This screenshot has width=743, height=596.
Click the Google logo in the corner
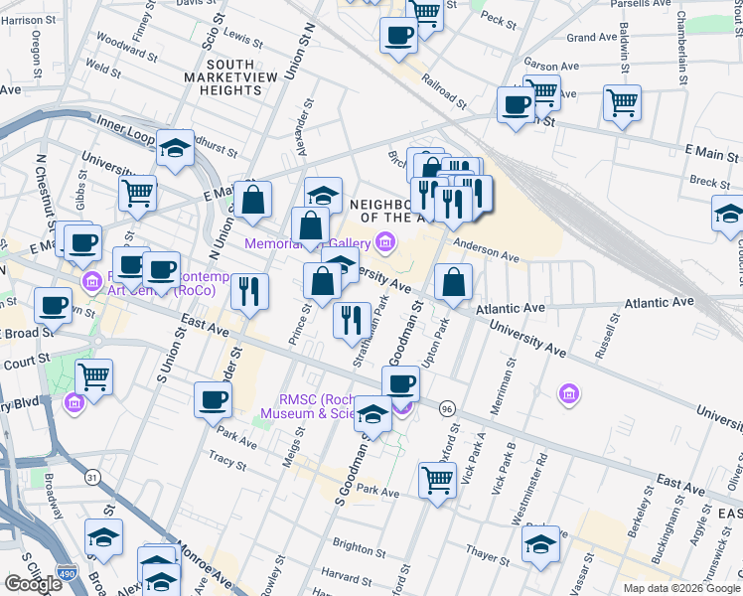(x=32, y=584)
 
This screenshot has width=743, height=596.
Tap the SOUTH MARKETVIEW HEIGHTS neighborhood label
(x=223, y=80)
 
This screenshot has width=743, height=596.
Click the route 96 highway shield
(x=448, y=409)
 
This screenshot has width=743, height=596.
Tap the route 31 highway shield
(x=92, y=478)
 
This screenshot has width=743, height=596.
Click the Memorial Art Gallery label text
(x=307, y=242)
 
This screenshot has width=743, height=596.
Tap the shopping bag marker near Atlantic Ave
(x=453, y=281)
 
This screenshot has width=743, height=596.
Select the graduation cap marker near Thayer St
(x=540, y=544)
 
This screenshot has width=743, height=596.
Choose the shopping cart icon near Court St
(x=94, y=375)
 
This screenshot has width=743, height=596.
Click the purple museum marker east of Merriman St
(x=568, y=395)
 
